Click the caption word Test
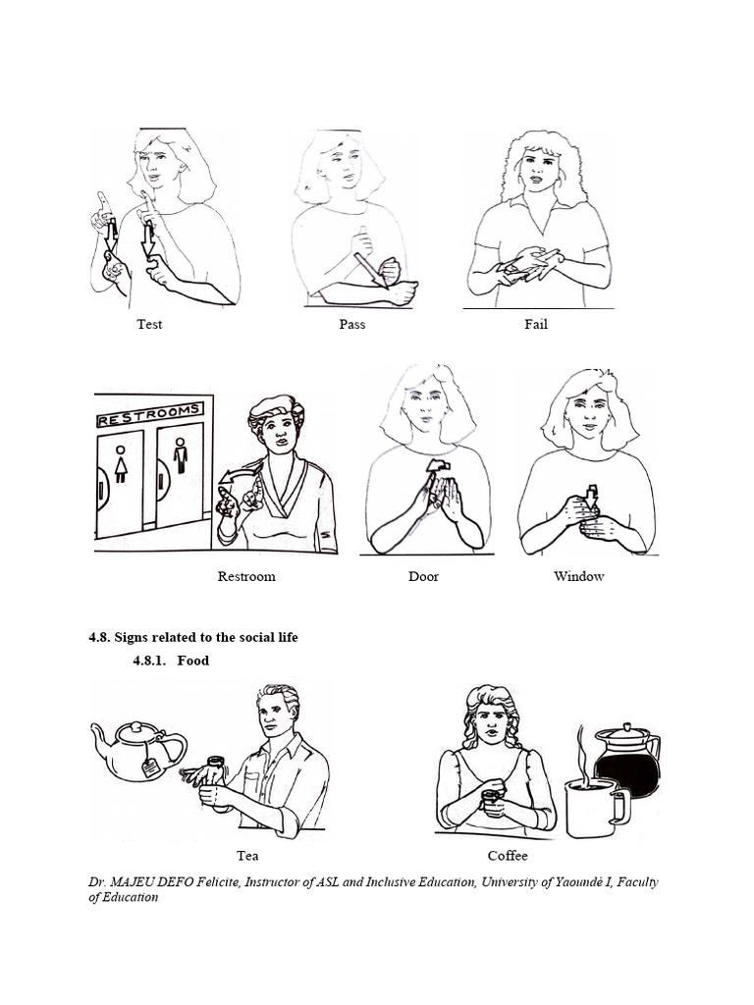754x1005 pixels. pyautogui.click(x=149, y=324)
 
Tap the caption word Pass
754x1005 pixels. pyautogui.click(x=352, y=324)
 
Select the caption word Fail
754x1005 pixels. pyautogui.click(x=536, y=324)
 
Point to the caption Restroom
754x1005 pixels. pyautogui.click(x=246, y=576)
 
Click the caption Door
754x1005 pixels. pyautogui.click(x=423, y=576)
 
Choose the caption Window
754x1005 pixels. pyautogui.click(x=579, y=576)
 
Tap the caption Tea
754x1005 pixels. pyautogui.click(x=247, y=856)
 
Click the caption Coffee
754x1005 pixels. pyautogui.click(x=508, y=856)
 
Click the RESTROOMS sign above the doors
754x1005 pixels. pyautogui.click(x=150, y=414)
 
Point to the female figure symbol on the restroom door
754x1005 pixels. pyautogui.click(x=121, y=464)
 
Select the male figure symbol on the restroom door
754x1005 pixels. pyautogui.click(x=181, y=455)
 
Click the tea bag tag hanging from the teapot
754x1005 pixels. pyautogui.click(x=150, y=766)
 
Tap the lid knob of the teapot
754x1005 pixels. pyautogui.click(x=135, y=727)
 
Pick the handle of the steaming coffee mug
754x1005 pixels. pyautogui.click(x=620, y=808)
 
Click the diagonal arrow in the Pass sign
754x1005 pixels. pyautogui.click(x=371, y=271)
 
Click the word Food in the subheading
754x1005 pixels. pyautogui.click(x=193, y=661)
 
